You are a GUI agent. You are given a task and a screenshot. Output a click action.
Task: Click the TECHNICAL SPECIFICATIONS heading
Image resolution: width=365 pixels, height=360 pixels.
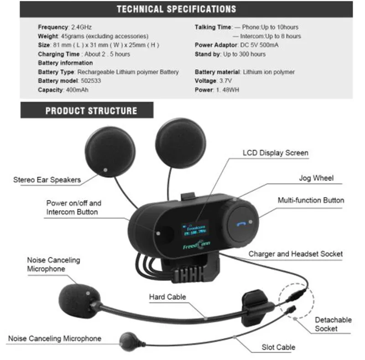tap(176, 9)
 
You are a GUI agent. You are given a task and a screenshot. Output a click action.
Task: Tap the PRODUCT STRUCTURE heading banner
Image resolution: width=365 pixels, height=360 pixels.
tap(91, 111)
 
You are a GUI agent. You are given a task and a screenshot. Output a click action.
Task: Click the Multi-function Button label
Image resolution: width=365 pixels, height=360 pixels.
tap(311, 200)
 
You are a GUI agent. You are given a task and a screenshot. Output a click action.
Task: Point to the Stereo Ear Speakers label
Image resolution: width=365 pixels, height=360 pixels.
tap(47, 180)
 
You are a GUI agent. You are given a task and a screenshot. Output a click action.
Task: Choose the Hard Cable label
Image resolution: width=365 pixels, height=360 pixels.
tap(167, 297)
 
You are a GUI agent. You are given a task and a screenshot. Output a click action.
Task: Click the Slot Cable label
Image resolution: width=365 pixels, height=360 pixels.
tap(278, 348)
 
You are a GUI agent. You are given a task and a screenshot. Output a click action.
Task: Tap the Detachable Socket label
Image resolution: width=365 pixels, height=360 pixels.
tap(333, 324)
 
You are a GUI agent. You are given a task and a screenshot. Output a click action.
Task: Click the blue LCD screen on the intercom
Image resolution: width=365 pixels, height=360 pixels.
tap(193, 229)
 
